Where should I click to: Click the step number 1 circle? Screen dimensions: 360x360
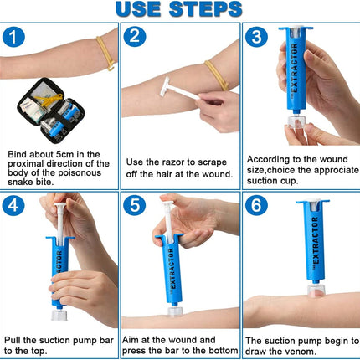(13, 37)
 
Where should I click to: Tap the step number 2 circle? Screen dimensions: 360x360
(135, 36)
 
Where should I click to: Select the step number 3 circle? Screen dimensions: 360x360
(256, 36)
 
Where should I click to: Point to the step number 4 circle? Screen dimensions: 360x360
(13, 205)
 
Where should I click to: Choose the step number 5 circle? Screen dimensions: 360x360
(135, 205)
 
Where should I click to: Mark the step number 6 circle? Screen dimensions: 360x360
(256, 205)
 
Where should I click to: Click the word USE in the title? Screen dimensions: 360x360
(138, 9)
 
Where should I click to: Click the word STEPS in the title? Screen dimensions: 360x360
(205, 9)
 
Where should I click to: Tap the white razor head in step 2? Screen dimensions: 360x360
(165, 86)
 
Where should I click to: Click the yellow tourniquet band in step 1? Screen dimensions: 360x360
(105, 54)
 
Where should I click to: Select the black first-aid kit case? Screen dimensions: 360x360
(50, 111)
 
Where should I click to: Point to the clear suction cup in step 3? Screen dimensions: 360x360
(296, 122)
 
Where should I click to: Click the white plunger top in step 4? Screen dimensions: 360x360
(60, 206)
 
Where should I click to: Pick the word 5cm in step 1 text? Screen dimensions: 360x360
(65, 154)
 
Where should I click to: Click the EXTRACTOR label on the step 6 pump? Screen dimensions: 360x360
(316, 240)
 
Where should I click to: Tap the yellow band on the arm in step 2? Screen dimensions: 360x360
(217, 75)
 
